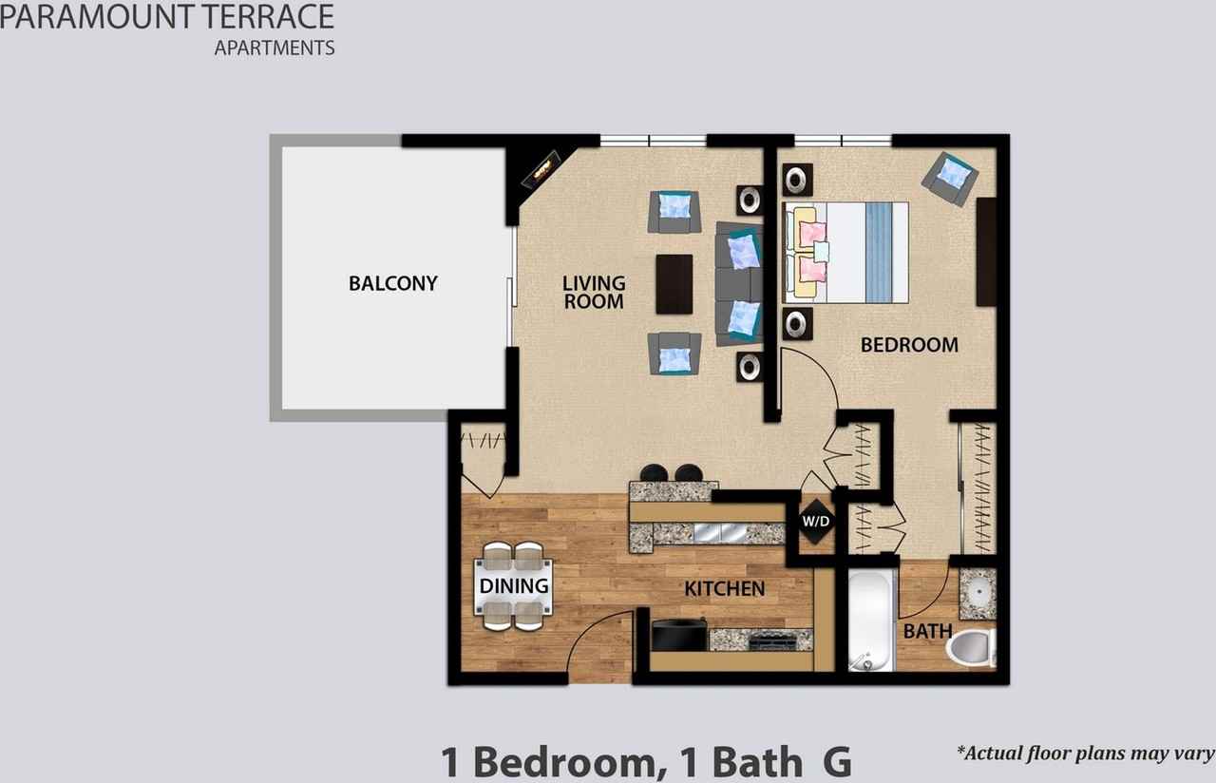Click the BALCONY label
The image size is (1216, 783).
click(392, 283)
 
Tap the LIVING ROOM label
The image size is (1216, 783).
click(594, 292)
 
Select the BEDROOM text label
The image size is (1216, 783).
click(909, 345)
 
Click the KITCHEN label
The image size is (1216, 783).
click(724, 589)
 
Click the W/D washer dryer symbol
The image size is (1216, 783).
click(815, 522)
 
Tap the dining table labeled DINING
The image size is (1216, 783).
click(513, 586)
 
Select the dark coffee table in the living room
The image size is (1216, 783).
click(674, 283)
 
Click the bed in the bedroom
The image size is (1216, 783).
click(845, 253)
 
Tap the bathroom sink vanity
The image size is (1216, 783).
click(977, 593)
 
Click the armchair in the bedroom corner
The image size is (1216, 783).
click(950, 177)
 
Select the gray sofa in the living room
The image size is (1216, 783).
click(737, 283)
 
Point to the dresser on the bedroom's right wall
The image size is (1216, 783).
click(986, 252)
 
